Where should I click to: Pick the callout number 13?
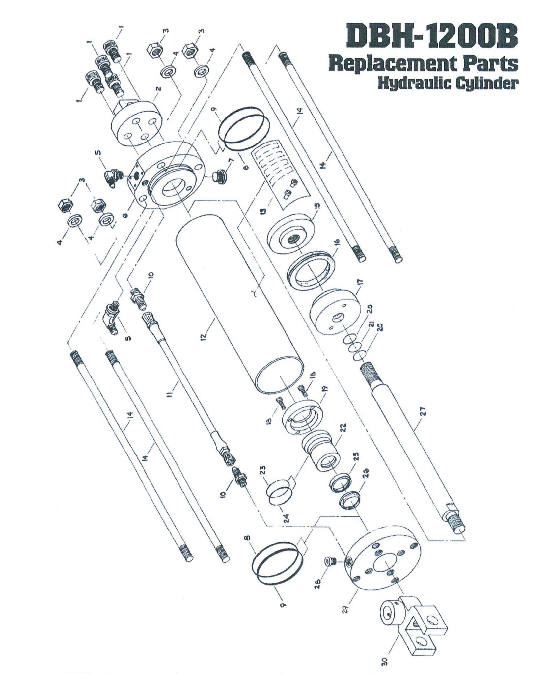click(263, 211)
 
